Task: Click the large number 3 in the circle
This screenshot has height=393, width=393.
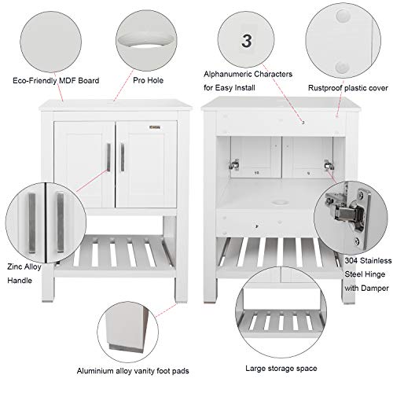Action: (248, 42)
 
